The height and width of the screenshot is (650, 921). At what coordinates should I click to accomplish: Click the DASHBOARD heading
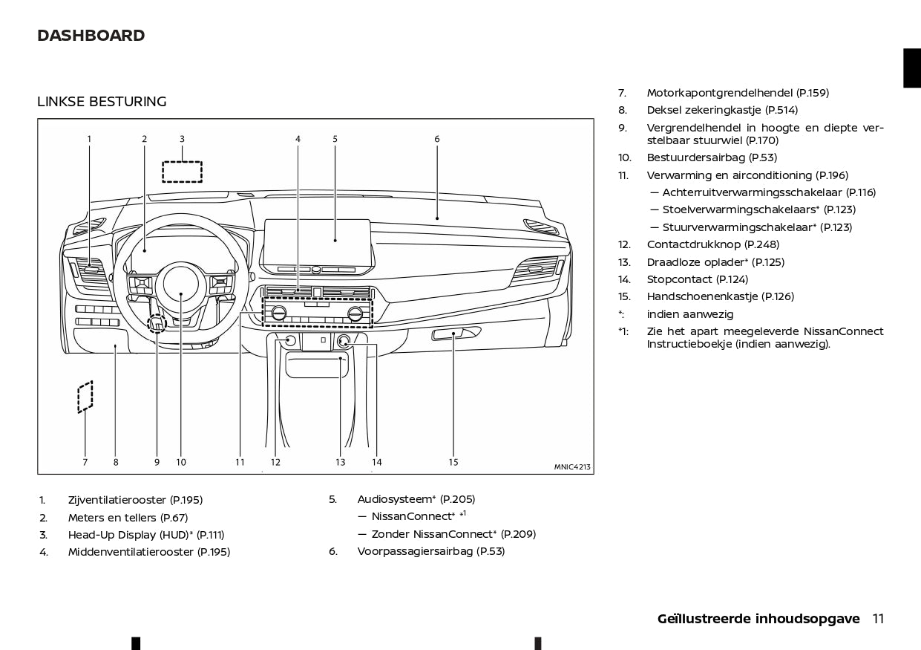click(91, 36)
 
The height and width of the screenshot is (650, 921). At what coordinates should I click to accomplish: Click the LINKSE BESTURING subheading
click(102, 102)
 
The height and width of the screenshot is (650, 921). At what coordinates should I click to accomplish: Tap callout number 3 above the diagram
click(182, 139)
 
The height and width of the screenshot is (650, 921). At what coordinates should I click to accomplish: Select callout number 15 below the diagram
click(453, 462)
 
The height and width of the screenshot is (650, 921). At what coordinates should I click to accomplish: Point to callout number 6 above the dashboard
click(437, 139)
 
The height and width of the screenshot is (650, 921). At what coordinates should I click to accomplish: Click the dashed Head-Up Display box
click(182, 172)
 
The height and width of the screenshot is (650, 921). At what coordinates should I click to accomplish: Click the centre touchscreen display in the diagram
click(317, 241)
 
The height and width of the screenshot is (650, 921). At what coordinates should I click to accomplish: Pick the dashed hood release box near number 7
click(85, 397)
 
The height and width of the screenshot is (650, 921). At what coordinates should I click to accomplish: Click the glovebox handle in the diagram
click(448, 334)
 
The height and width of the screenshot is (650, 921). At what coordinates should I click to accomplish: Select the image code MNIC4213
click(571, 467)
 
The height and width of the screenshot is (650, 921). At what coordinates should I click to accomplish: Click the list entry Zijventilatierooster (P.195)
click(135, 501)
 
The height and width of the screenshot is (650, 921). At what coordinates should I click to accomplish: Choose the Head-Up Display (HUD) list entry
click(145, 535)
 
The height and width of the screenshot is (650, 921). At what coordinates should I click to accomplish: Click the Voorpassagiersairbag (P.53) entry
click(430, 551)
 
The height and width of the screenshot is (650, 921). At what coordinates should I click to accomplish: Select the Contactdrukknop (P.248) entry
click(712, 244)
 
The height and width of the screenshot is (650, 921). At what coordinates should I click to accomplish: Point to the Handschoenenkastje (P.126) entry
click(720, 296)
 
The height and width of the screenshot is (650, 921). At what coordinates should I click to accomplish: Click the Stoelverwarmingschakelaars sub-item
click(758, 209)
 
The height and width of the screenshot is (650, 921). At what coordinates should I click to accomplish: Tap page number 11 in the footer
click(878, 619)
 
